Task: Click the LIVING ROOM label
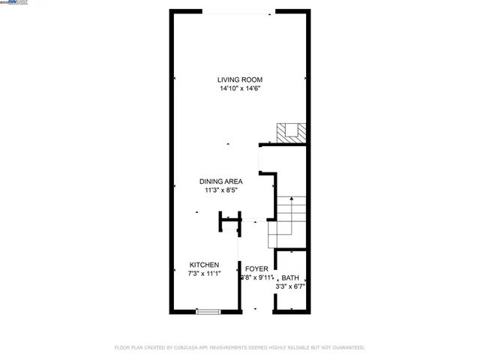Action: coord(240,79)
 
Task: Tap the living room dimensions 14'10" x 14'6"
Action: coord(240,88)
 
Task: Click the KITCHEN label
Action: coord(204,265)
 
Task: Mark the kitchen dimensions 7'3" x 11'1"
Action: coord(204,274)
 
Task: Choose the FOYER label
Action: coord(256,268)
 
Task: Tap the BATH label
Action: coord(290,277)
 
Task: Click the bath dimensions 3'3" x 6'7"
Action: coord(290,286)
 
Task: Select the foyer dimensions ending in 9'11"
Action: coord(256,277)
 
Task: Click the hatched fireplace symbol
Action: coord(289,132)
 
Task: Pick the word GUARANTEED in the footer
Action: coord(346,347)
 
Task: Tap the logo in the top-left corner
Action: coord(14,3)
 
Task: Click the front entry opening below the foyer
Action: coord(256,310)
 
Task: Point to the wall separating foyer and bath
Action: coord(274,281)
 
